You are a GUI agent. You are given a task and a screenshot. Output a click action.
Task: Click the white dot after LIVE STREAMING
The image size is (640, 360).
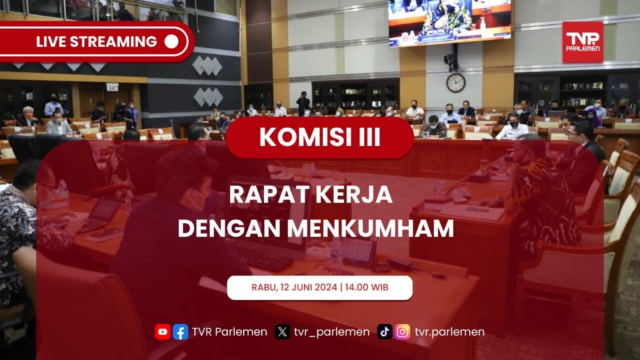point(171,41)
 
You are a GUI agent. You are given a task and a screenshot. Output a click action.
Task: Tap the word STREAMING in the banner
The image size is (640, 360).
point(113,41)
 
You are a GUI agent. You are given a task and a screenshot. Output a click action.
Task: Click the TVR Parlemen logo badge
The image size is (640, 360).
point(583,41)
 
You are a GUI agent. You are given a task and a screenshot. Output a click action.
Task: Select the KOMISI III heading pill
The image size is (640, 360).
point(319,137)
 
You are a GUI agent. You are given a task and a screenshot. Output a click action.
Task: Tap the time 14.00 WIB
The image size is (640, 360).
point(366,287)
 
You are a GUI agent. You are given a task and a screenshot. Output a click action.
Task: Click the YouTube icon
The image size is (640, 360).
point(163,332)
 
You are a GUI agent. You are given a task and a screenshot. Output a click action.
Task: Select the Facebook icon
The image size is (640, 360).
point(180,332)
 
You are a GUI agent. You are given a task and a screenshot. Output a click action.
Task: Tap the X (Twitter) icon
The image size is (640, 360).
point(282,332)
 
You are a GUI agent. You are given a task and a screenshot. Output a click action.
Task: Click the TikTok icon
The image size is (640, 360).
point(384,332)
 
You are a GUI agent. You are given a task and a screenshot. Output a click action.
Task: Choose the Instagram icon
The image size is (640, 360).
point(402,332)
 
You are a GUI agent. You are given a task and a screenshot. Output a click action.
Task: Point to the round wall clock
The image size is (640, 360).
point(455,83)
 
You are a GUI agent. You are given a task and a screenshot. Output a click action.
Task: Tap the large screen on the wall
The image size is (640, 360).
point(449,23)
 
